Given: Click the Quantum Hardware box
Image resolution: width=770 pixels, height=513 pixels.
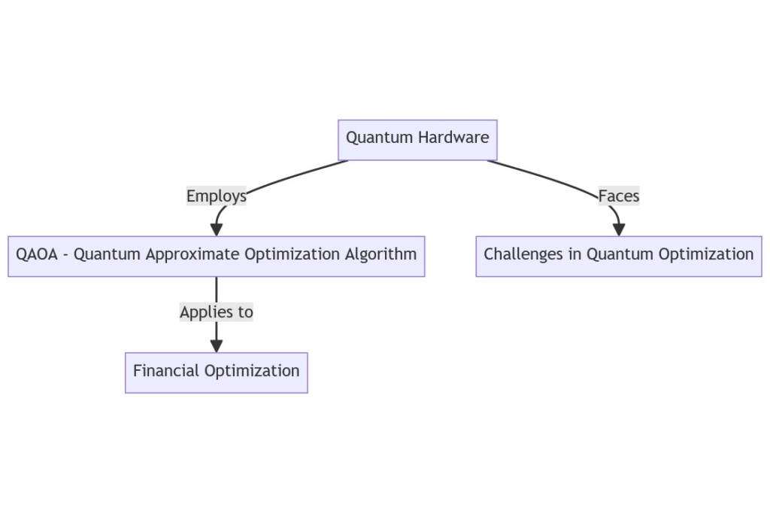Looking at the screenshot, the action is point(417,140).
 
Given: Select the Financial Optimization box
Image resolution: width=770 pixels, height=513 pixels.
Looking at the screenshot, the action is point(217,372).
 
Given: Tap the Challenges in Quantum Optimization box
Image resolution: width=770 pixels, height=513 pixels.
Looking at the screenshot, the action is point(619,256).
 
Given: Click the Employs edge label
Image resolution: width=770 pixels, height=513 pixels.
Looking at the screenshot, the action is point(216,196).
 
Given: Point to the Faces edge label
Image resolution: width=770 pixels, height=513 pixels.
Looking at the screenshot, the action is point(619,196).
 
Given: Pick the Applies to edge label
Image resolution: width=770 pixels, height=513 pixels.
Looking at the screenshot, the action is point(217,312).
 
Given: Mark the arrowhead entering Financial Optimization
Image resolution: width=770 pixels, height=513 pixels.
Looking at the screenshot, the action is point(217,346).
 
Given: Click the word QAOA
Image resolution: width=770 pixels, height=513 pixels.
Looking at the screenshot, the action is point(37,254).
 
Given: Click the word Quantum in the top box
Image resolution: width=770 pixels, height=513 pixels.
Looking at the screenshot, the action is point(380,138).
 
